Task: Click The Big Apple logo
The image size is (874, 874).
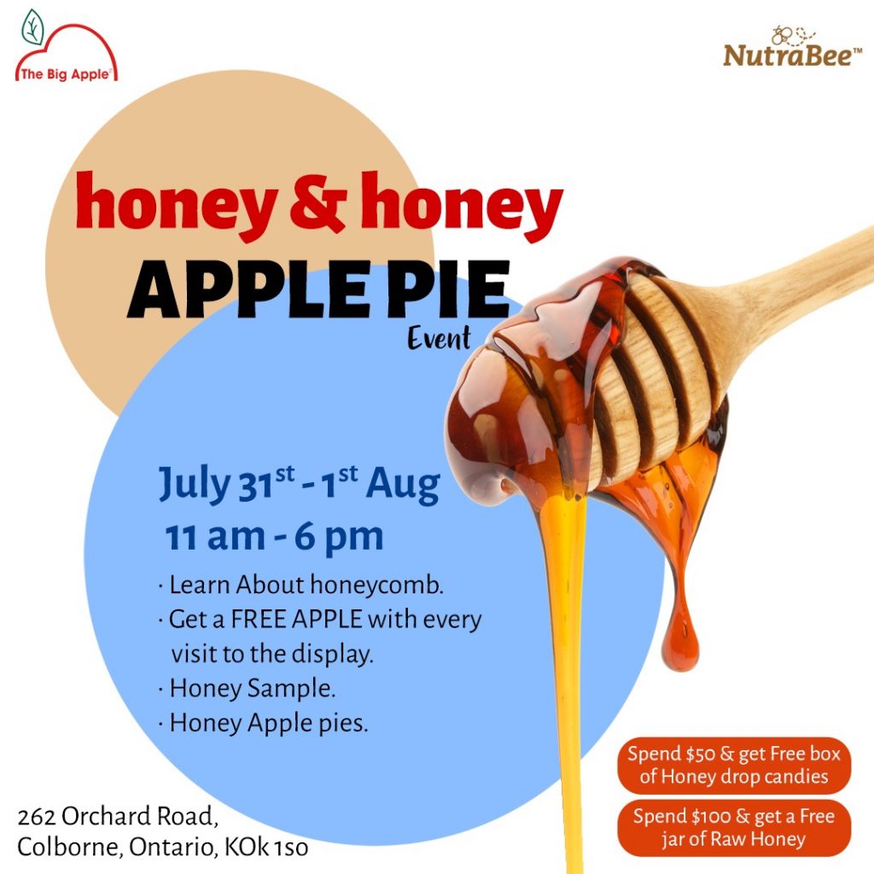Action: tap(67, 47)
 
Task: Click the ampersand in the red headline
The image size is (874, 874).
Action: tap(318, 201)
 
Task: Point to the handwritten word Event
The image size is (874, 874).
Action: tap(439, 338)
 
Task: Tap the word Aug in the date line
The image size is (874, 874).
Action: tap(403, 485)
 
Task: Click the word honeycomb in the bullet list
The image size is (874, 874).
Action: tap(376, 585)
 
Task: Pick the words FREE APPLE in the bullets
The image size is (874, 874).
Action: tap(296, 620)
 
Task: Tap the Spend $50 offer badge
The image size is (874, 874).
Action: tap(734, 765)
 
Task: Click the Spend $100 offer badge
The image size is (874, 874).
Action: tap(734, 827)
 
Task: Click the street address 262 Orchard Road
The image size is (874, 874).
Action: tap(117, 816)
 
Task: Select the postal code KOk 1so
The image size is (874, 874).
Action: tap(266, 848)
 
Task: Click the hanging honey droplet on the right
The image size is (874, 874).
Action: tap(680, 641)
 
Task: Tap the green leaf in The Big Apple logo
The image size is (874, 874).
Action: tap(33, 26)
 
